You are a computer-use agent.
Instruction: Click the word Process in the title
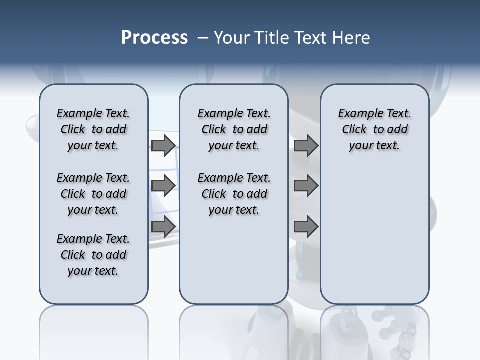154,38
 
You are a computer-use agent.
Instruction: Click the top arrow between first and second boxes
163,145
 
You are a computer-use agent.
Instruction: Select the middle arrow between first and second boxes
163,186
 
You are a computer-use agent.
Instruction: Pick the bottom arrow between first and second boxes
163,227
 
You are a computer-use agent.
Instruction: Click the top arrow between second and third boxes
306,145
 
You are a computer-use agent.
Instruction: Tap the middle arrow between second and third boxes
306,186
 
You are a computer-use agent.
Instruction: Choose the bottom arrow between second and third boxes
306,227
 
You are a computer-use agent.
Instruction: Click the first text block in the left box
93,129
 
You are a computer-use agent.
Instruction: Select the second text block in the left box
93,194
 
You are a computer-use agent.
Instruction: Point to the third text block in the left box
93,255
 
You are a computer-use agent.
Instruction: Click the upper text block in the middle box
234,129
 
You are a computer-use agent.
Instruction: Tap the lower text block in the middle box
234,194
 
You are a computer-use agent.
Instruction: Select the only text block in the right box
374,129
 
